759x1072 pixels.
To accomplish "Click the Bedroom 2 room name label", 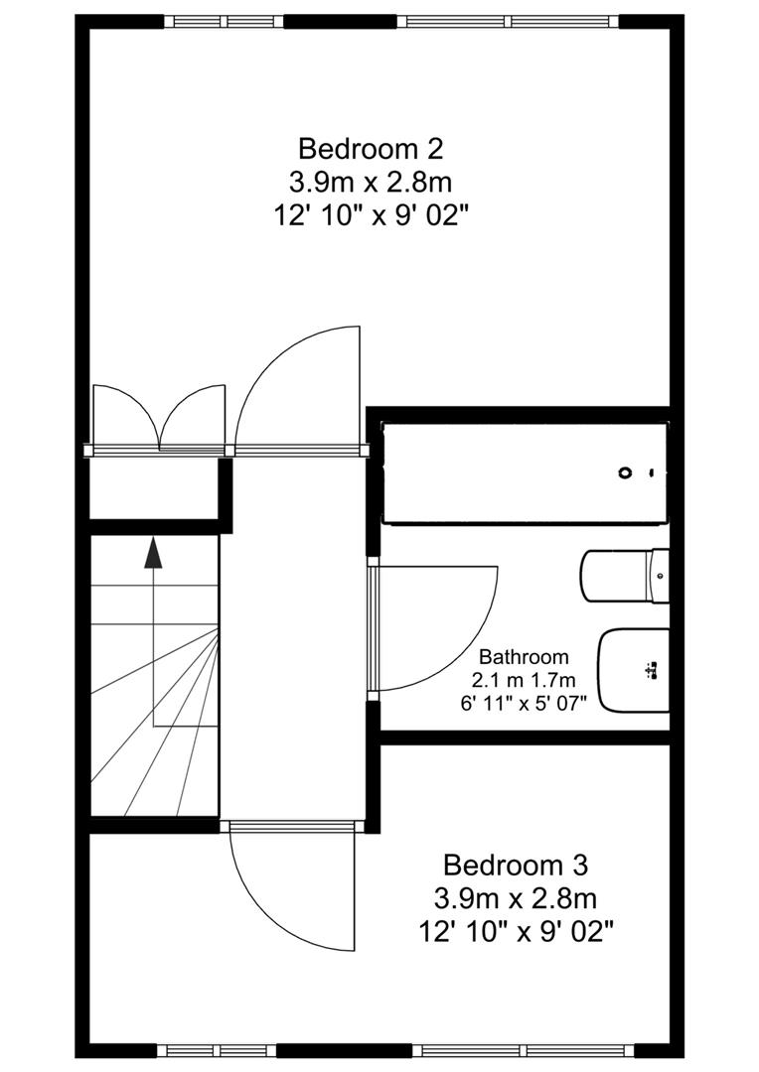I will coord(371,149).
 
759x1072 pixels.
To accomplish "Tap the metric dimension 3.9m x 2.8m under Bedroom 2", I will coord(371,183).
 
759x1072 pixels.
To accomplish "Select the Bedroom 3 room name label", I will coord(515,865).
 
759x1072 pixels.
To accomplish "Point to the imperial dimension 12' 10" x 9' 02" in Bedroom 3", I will coord(515,932).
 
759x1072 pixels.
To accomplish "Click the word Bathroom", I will coord(524,657).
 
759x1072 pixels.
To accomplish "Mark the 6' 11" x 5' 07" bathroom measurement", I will coord(524,703).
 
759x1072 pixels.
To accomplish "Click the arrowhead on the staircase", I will coord(153,553).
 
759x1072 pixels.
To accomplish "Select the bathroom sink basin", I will coord(632,671).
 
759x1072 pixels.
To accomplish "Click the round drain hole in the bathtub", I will coord(625,472).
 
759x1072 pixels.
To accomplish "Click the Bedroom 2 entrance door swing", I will coord(298,387).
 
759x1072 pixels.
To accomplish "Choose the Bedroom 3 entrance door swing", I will coord(293,888).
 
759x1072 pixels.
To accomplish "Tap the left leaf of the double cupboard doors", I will coord(124,417).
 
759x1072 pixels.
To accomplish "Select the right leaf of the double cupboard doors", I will coord(194,417).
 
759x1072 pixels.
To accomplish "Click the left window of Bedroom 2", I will coord(224,21).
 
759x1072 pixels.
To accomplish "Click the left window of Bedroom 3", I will coord(216,1050).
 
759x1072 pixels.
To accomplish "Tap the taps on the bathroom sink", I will coord(653,673).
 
